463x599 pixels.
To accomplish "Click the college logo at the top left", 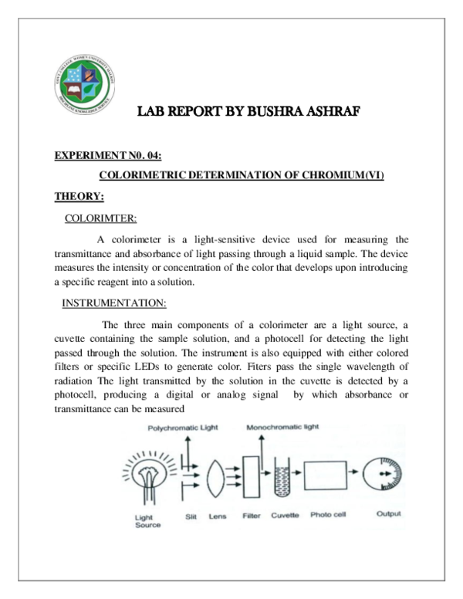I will (84, 85).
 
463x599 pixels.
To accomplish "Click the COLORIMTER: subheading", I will (101, 217).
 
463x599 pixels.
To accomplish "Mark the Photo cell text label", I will (327, 514).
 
